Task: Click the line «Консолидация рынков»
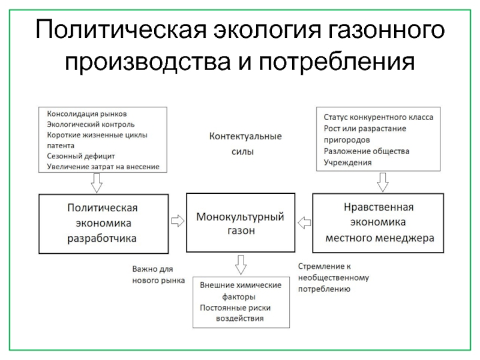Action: (x=86, y=113)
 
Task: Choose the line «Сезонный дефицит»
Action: (x=76, y=156)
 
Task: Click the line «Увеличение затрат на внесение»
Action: (x=103, y=167)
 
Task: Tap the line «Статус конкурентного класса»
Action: (x=378, y=118)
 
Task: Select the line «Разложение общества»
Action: (x=366, y=151)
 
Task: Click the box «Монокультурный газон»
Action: (x=240, y=223)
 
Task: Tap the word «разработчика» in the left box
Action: (x=101, y=238)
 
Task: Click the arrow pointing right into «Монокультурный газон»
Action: (x=178, y=221)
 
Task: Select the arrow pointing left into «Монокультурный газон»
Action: (x=305, y=221)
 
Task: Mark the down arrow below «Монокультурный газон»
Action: (x=241, y=263)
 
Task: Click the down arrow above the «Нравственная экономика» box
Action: (x=382, y=180)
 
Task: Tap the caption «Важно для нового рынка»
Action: (x=158, y=275)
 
